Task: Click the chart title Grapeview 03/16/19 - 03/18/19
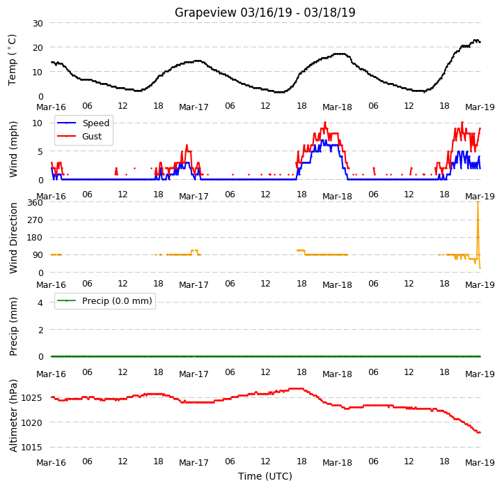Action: coord(265,13)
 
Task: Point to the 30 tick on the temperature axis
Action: coord(38,24)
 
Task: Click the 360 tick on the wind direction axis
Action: coord(36,203)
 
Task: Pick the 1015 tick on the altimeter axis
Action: coord(31,448)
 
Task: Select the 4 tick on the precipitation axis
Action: coord(40,303)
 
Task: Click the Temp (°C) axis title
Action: coord(12,60)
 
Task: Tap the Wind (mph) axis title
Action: coord(13,149)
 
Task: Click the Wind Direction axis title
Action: coord(13,238)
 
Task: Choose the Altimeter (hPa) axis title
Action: coord(13,416)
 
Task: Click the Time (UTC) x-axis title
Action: coord(265,476)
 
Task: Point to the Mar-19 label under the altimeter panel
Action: coord(480,463)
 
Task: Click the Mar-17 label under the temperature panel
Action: coord(194,107)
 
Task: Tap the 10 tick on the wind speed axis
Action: coord(38,123)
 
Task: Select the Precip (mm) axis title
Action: coord(13,327)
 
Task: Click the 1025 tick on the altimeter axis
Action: coord(31,398)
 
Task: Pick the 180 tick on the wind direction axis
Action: coord(36,238)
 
